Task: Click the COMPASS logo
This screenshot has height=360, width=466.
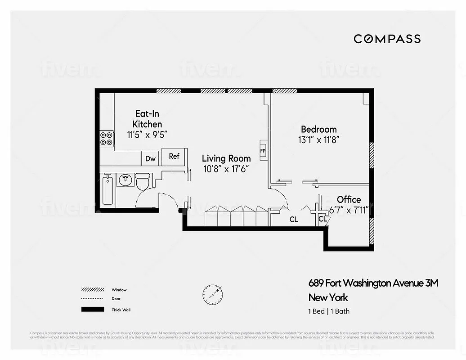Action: pyautogui.click(x=387, y=39)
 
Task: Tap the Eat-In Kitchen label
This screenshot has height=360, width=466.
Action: pyautogui.click(x=147, y=119)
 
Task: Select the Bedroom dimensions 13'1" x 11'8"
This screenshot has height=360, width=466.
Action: pyautogui.click(x=318, y=140)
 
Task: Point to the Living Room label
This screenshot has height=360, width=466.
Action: pyautogui.click(x=226, y=158)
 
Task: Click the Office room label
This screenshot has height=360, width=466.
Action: pyautogui.click(x=349, y=199)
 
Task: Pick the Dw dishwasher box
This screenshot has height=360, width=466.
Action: pyautogui.click(x=151, y=158)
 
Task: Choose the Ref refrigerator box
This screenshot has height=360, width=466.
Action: pyautogui.click(x=174, y=156)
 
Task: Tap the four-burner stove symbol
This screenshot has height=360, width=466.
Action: pyautogui.click(x=106, y=138)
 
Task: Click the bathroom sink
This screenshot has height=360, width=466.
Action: pyautogui.click(x=125, y=180)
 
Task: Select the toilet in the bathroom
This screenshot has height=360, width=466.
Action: pyautogui.click(x=143, y=183)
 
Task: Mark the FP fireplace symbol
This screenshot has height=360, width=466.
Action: pyautogui.click(x=263, y=150)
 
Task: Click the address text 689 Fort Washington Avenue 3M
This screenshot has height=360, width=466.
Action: pyautogui.click(x=373, y=283)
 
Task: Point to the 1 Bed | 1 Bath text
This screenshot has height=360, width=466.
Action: pyautogui.click(x=328, y=311)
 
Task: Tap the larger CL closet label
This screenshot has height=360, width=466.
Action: pyautogui.click(x=294, y=220)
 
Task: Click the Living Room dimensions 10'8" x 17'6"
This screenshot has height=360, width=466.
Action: pyautogui.click(x=226, y=169)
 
